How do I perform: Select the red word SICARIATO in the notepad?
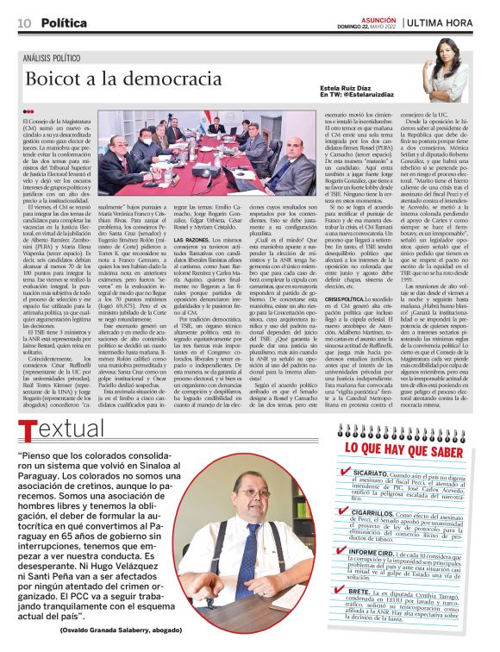(x=370, y=473)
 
